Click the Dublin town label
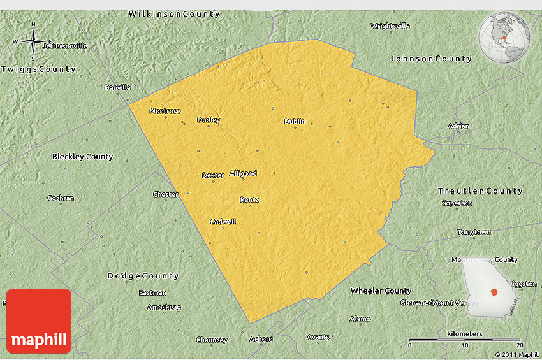coord(295,121)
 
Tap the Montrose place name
coord(165,111)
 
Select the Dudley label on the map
coord(209,120)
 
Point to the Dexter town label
coord(213,175)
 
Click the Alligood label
coord(243,173)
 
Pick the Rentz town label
coord(249,199)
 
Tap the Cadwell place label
coord(223,222)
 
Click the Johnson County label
coord(430,59)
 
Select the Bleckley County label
coord(82,156)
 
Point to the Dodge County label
coord(143,276)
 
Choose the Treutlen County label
coord(480,191)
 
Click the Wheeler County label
coord(381,291)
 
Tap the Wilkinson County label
coord(174,13)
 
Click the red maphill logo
coord(39,321)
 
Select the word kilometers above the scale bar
coord(465,334)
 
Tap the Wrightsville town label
coord(390,26)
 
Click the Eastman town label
coord(152,293)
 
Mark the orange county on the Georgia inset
coord(494,292)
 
